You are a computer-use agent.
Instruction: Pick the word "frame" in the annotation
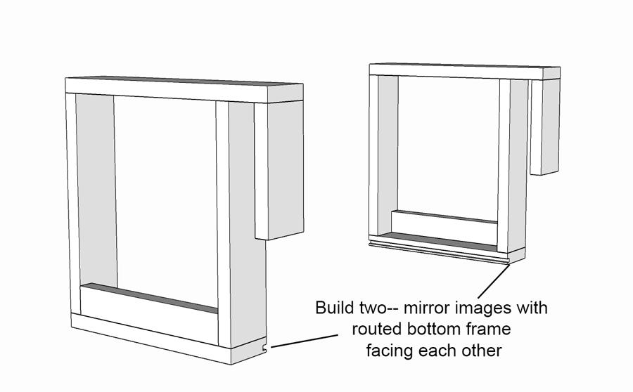489,329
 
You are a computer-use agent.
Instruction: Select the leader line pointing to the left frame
305,341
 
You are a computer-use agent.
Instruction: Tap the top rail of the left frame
184,90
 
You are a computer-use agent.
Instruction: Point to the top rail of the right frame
464,72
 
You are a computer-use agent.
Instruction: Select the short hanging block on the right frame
544,126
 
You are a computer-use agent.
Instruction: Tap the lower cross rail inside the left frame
149,313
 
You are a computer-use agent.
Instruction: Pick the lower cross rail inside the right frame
444,227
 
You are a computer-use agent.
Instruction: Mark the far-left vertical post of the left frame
73,204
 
